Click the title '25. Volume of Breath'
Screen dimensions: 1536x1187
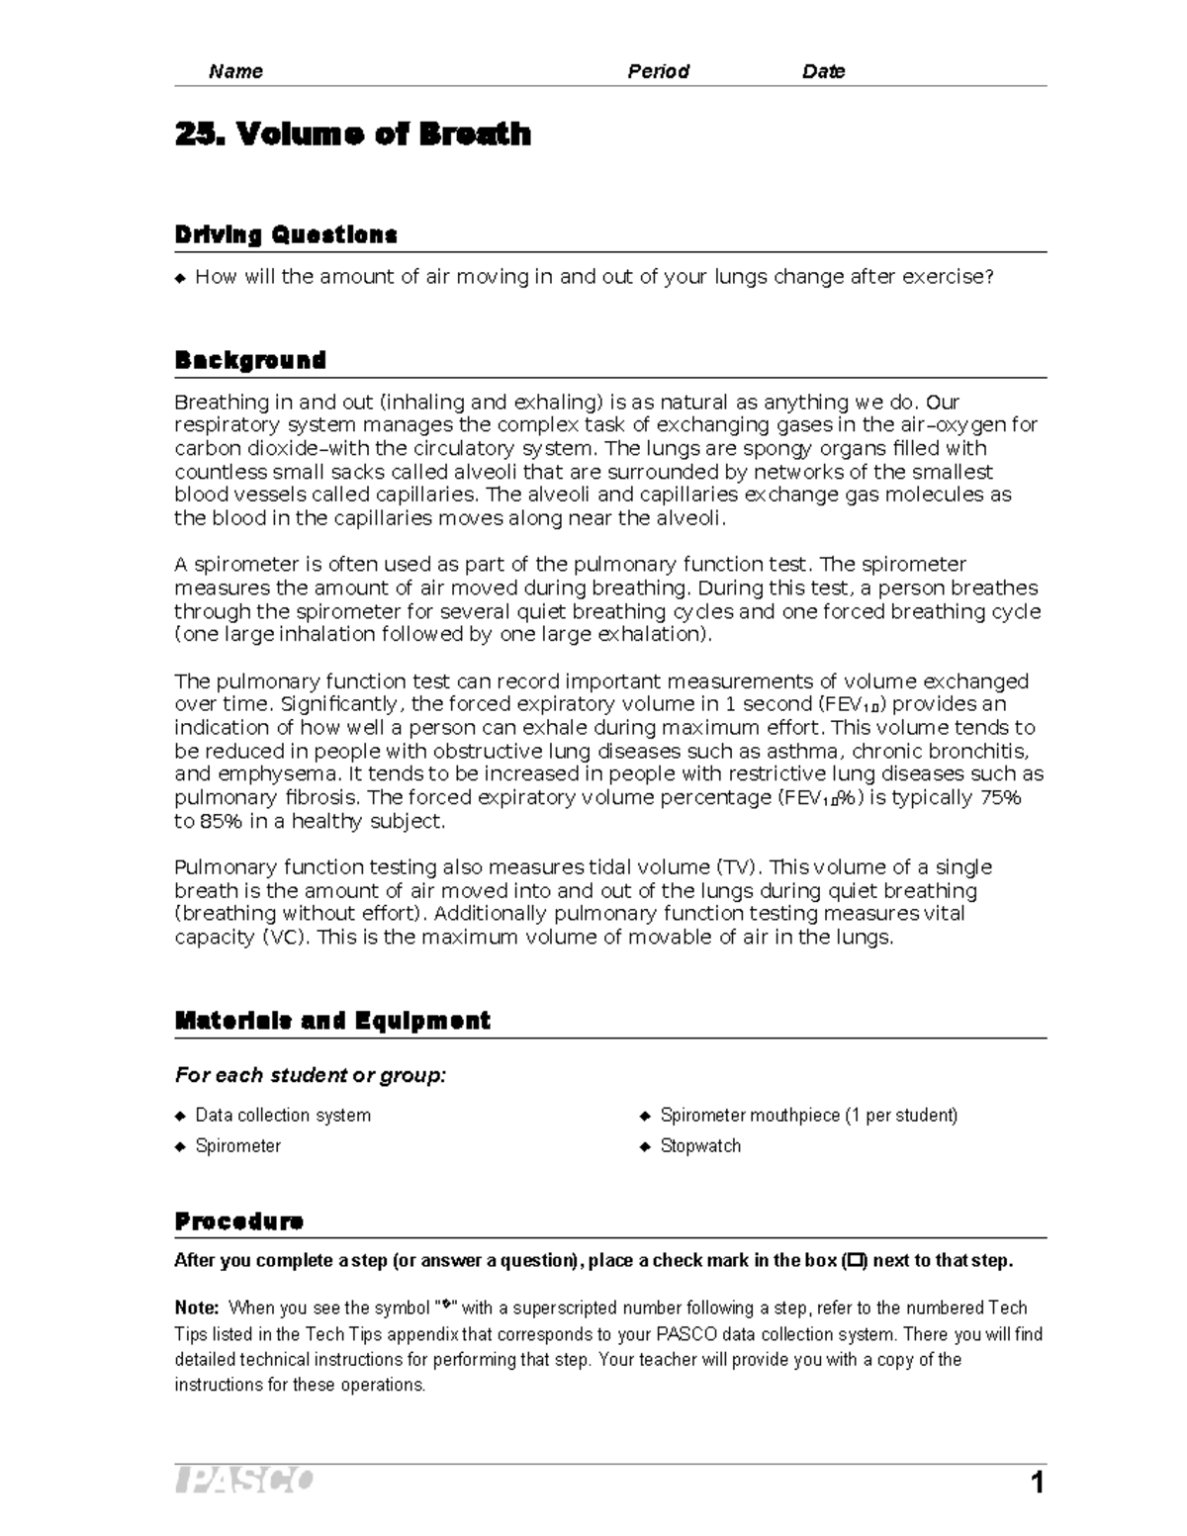(352, 134)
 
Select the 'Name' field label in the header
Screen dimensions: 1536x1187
(235, 71)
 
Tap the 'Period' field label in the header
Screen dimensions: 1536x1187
(658, 71)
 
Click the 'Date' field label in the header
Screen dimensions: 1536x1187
(823, 71)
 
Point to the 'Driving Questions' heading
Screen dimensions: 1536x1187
(286, 235)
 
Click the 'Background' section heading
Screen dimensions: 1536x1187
(250, 360)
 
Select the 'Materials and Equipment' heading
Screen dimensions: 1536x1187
(332, 1021)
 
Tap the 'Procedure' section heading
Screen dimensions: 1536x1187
(238, 1221)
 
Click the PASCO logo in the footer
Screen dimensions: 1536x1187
(244, 1481)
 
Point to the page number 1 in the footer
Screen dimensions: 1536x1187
(1037, 1483)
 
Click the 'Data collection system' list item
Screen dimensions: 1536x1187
(283, 1116)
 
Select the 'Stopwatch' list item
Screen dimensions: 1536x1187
(700, 1146)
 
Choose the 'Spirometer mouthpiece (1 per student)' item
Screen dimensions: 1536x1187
(808, 1116)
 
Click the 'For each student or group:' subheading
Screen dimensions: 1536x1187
(311, 1075)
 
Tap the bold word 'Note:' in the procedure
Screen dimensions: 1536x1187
(197, 1308)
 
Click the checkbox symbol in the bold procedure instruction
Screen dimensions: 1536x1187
(855, 1261)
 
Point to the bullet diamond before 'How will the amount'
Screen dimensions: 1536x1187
(180, 279)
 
